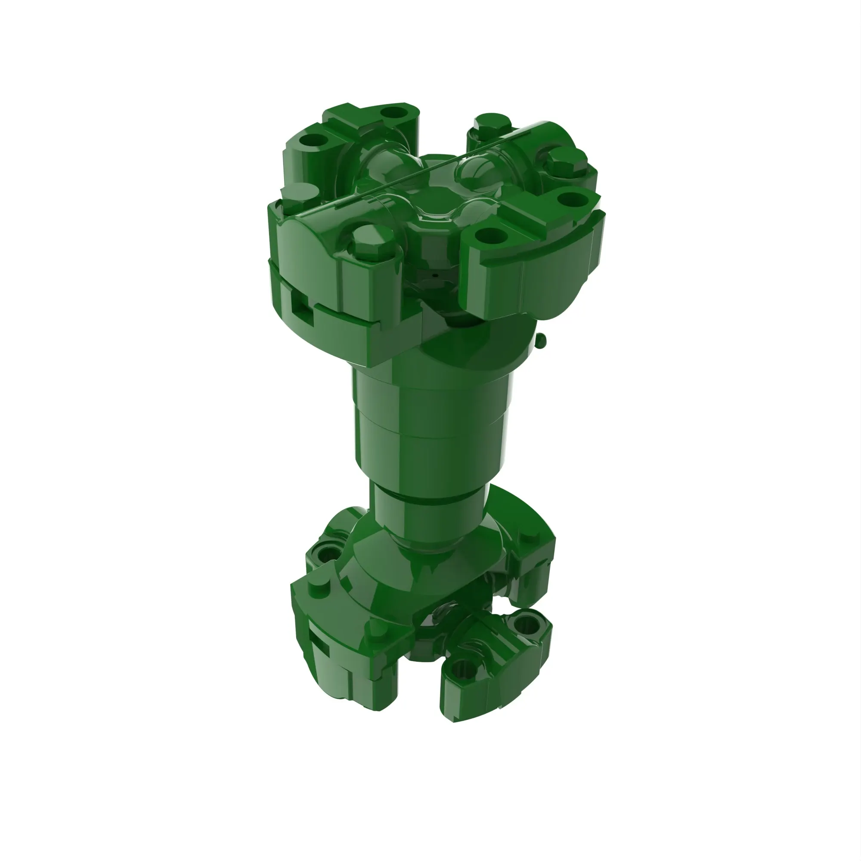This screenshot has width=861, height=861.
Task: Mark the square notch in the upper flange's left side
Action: click(x=298, y=304)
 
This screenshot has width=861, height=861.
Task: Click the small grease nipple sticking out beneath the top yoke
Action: click(x=541, y=340)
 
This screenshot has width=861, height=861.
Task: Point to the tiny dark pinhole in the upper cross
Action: click(x=434, y=275)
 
